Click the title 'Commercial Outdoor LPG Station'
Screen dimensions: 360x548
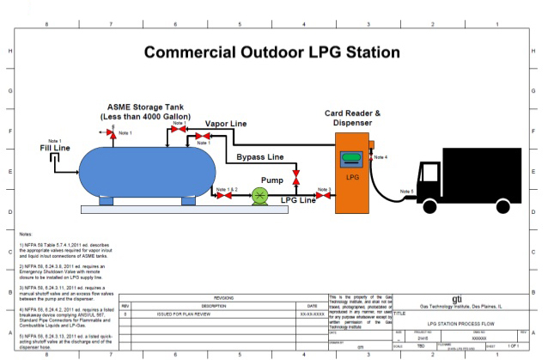273,52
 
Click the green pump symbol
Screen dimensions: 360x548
259,197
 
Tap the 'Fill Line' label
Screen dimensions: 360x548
55,148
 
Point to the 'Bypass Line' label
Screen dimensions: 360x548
253,158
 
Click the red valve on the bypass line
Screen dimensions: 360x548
296,177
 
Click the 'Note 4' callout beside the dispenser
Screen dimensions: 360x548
381,157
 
